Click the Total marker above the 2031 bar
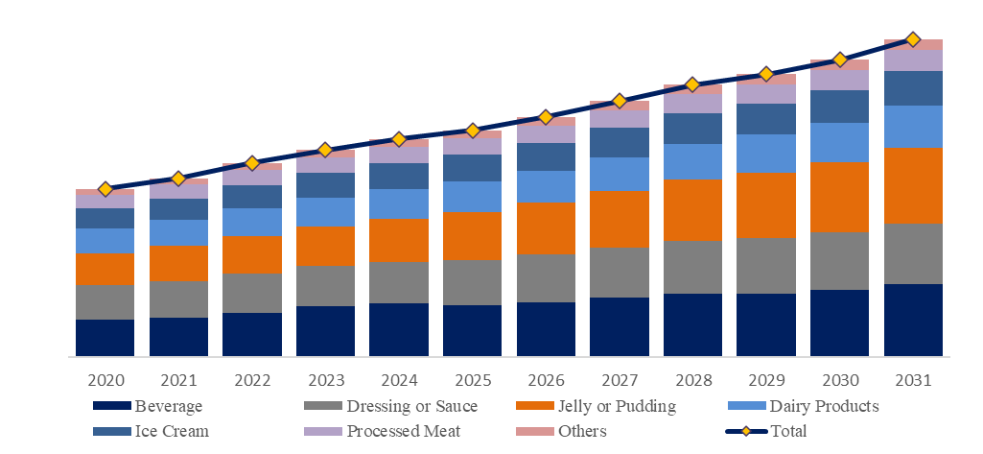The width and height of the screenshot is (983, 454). coord(913,39)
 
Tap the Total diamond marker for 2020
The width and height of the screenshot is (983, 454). coord(105,189)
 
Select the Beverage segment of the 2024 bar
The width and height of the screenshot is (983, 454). coord(399,330)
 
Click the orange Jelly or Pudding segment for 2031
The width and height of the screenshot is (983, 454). coord(913,185)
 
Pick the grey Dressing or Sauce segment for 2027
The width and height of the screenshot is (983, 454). coord(620,273)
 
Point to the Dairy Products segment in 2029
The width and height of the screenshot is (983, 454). coord(766,154)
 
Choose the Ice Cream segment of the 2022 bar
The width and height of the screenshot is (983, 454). coord(252,197)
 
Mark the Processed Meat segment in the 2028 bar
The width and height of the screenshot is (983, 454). coord(692,103)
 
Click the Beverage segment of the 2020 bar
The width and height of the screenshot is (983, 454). coord(105,338)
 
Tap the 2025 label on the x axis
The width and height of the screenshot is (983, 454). coord(472,382)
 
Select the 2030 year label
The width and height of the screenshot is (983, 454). coord(839,382)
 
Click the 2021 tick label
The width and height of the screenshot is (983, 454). coord(178,382)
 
